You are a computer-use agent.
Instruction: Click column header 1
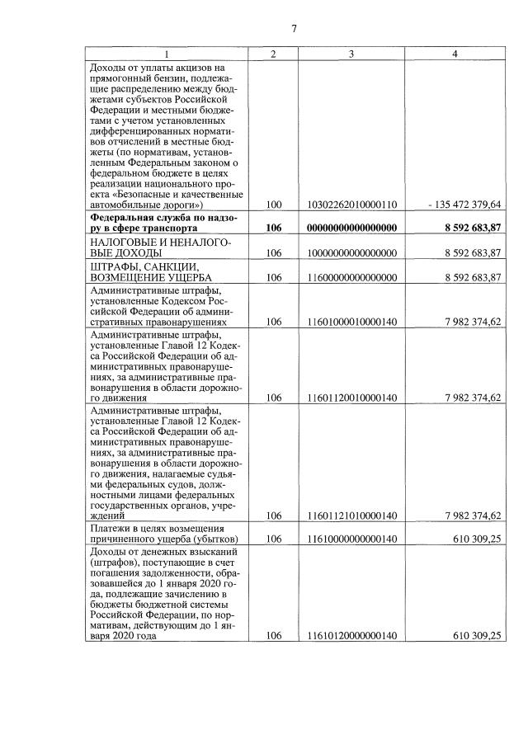(167, 54)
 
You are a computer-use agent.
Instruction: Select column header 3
(351, 54)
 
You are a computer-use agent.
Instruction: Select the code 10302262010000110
(351, 203)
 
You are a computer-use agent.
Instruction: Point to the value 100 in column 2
(274, 203)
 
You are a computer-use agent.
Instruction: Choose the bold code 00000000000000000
(351, 228)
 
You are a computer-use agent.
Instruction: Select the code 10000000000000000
(351, 252)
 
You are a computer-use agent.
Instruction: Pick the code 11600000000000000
(351, 277)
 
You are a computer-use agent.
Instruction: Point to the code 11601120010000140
(351, 397)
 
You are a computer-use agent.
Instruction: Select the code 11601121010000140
(351, 516)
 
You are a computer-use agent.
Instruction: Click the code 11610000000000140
(351, 539)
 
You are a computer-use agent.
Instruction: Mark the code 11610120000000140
(351, 635)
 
